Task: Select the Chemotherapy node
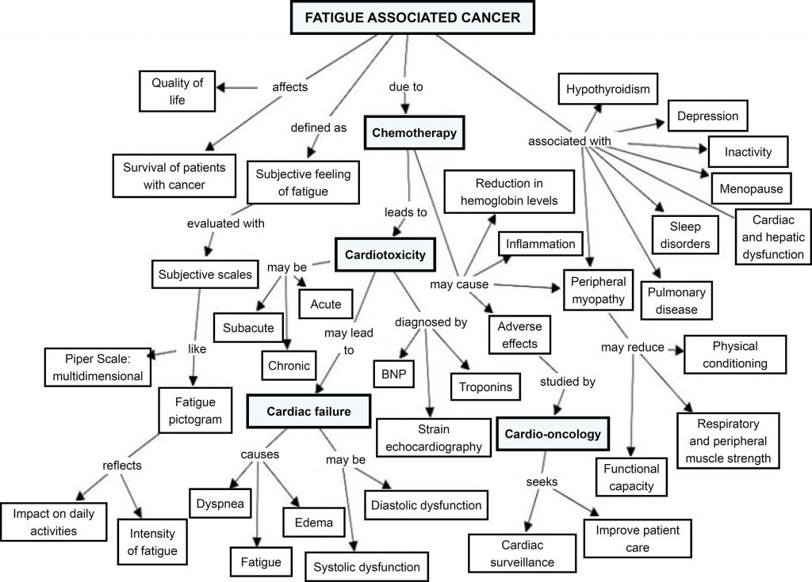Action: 414,133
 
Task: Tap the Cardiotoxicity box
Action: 385,255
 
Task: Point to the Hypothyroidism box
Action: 607,89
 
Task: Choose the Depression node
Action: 708,116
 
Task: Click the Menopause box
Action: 751,188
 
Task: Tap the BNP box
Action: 394,373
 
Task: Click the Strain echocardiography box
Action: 430,438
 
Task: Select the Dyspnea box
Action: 215,502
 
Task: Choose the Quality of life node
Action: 177,91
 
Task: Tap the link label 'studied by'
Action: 567,382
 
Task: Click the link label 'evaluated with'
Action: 226,224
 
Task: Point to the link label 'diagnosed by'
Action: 431,322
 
